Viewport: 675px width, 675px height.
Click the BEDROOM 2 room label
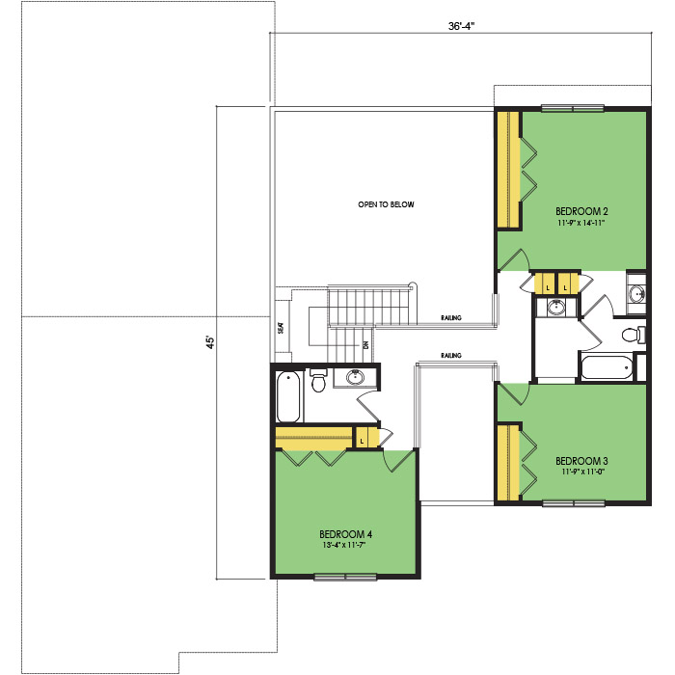tap(581, 211)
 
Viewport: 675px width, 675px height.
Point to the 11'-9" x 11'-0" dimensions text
tap(583, 472)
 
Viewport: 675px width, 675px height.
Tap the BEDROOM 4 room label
tap(345, 534)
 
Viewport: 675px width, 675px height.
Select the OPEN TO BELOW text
tap(386, 204)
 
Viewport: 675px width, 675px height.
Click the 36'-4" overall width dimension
tap(461, 26)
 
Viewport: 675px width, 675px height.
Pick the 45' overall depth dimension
tap(210, 342)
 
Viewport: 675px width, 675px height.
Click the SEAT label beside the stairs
tap(282, 328)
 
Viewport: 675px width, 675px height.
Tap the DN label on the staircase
tap(366, 345)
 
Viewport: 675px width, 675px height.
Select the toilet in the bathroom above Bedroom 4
tap(318, 379)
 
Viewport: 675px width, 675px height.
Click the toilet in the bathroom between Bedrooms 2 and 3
tap(634, 335)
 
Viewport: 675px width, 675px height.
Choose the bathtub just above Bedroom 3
tap(607, 366)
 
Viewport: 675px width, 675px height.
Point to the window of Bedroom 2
tap(573, 108)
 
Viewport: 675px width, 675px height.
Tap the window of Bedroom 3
tap(574, 502)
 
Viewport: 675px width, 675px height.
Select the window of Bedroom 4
tap(345, 577)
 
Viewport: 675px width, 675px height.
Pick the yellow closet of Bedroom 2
tap(509, 170)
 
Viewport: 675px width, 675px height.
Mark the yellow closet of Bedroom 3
tap(508, 463)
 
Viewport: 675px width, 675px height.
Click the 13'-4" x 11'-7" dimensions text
tap(344, 545)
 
